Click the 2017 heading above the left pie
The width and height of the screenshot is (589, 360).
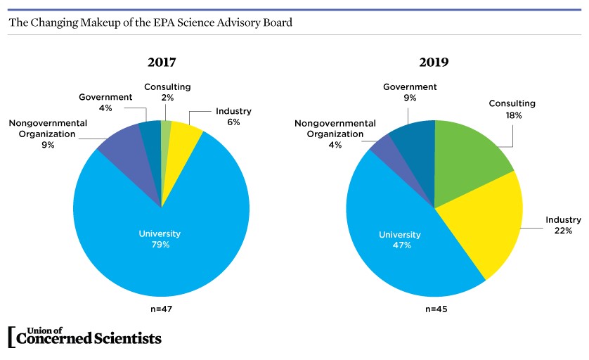pos(161,62)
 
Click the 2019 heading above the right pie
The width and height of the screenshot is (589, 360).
pos(434,62)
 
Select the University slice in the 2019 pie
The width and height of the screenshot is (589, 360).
pos(394,253)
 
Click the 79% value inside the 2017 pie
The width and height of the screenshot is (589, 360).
pos(160,245)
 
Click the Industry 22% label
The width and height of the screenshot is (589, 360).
pos(563,225)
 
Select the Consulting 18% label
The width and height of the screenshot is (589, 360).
pos(512,109)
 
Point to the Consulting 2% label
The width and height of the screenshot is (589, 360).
pos(167,92)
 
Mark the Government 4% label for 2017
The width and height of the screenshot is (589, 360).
pos(105,103)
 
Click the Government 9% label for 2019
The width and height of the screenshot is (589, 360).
pos(410,92)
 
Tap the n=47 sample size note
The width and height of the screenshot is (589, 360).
pos(161,308)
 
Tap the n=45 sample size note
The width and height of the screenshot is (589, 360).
pos(434,308)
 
